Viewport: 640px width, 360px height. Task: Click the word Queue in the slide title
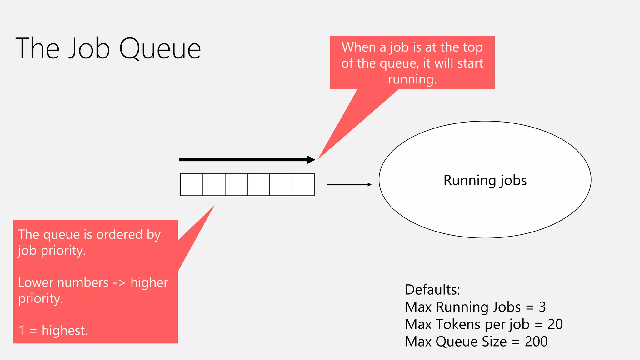coord(160,49)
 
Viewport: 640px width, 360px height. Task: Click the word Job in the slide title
coord(89,49)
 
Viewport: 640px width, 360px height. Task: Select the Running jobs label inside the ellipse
coord(485,181)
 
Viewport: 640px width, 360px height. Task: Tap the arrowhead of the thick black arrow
coord(311,160)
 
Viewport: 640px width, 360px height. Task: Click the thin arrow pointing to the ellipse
coord(349,185)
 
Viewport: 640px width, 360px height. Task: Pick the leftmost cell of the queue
coord(192,185)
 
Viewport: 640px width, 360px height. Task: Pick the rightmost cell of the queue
coord(303,185)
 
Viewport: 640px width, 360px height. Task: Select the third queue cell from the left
coord(236,185)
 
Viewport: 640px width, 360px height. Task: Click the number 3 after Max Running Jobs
coord(542,307)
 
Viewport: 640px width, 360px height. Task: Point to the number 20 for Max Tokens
coord(555,324)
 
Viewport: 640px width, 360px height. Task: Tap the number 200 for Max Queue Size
coord(536,342)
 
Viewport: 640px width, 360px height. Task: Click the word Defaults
coord(432,290)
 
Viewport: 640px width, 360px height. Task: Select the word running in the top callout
coord(412,79)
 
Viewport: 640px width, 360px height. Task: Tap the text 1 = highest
coord(53,330)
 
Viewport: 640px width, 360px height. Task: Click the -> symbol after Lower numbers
coord(119,283)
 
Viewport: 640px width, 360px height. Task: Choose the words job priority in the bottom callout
coord(52,251)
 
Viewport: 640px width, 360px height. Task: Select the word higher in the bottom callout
coord(149,282)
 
